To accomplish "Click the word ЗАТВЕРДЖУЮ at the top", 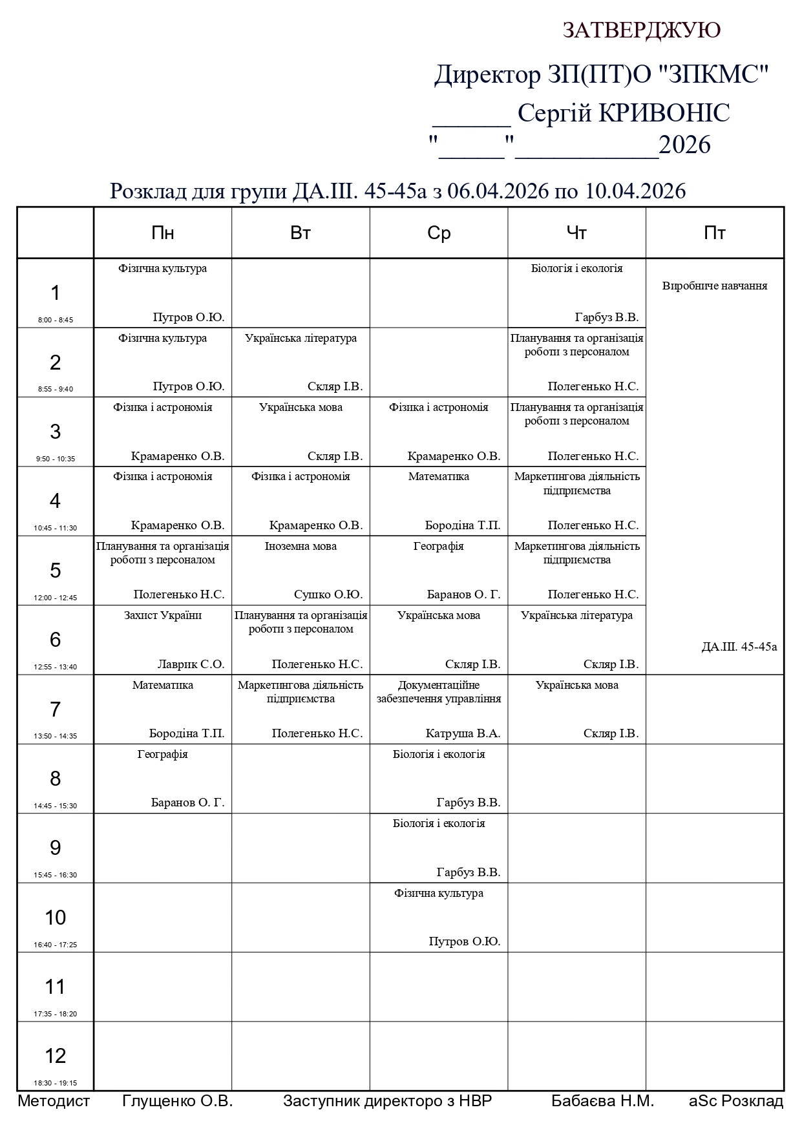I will [641, 30].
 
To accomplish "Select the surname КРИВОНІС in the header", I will [664, 113].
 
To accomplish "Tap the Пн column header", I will [163, 233].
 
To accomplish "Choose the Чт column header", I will [576, 233].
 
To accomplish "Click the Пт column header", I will [715, 233].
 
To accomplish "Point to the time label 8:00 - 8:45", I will [56, 320].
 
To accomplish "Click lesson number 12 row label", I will [56, 1055].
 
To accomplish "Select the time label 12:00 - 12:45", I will [56, 598].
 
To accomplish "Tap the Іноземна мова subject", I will [301, 546].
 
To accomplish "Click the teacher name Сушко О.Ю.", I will [328, 594].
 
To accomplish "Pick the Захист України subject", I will [163, 615].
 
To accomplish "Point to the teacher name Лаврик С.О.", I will [191, 664].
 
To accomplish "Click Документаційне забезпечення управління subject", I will [439, 691].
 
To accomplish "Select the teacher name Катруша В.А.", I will [463, 733].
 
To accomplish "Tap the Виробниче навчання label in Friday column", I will [715, 286].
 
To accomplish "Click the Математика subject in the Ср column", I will [439, 476].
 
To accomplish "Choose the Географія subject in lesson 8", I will [163, 754].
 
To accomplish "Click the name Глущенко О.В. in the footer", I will [177, 1101].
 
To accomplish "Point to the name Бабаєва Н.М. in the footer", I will [602, 1101].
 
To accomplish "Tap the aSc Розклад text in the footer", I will [735, 1101].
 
